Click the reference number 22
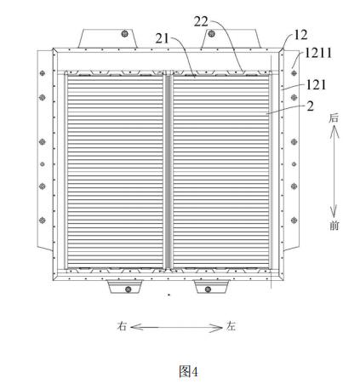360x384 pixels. tap(201, 22)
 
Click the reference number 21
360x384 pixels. tap(163, 38)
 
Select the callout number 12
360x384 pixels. tap(300, 35)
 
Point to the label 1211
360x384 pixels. tap(318, 53)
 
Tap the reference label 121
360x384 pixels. tap(316, 85)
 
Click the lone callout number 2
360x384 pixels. tap(311, 106)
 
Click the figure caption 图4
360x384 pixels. tap(188, 371)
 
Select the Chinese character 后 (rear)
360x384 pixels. tap(334, 117)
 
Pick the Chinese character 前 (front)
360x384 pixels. tap(334, 226)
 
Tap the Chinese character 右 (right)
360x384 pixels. tap(122, 326)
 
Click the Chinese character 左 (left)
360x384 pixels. tap(231, 326)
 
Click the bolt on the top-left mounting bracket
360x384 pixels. tap(124, 34)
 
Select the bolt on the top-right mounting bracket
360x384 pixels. tap(211, 34)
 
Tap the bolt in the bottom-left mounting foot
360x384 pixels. tap(128, 289)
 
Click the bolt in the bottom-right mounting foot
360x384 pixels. tap(208, 289)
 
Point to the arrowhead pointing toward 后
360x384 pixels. tap(334, 131)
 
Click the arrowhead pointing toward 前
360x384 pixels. tap(334, 212)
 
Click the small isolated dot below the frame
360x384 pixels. tap(169, 295)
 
